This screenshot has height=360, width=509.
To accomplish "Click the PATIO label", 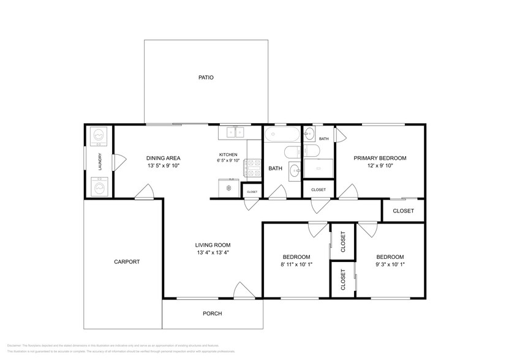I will (205, 78).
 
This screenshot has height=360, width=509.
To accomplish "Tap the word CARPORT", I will (127, 261).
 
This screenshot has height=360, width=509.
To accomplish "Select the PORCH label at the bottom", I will (212, 313).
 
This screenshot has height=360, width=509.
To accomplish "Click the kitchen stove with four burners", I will (253, 167).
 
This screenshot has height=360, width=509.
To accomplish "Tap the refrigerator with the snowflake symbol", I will (229, 187).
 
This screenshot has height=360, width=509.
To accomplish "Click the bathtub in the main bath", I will (282, 134).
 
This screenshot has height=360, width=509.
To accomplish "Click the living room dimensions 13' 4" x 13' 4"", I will (213, 252).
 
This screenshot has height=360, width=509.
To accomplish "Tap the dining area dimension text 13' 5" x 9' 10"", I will (163, 166).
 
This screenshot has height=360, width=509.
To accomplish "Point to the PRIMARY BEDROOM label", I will (380, 158).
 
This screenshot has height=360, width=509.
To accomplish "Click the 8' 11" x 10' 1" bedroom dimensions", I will (296, 264).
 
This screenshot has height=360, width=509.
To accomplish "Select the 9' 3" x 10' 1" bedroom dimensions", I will (390, 264).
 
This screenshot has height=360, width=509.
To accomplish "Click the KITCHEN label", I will (228, 154).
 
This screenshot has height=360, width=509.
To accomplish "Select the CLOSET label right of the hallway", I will (403, 211).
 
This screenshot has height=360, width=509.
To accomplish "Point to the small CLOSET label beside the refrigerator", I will (252, 192).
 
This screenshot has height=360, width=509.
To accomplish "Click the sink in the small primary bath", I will (309, 134).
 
